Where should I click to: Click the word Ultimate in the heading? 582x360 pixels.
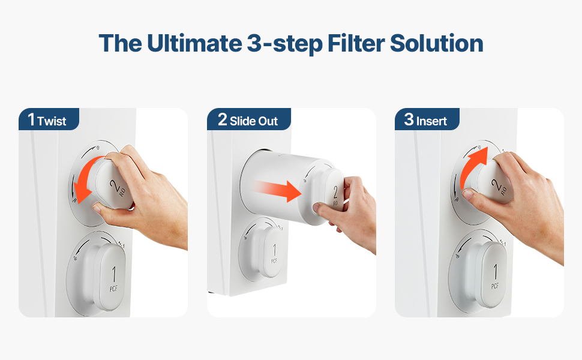194,43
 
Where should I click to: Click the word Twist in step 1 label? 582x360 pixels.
52,121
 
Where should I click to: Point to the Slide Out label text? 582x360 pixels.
254,121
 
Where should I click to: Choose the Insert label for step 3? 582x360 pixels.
431,121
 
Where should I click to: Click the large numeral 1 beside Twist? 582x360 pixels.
31,119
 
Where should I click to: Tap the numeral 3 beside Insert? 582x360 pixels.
409,119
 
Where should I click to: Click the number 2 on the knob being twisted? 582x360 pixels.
115,185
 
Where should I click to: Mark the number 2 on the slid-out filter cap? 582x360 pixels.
335,192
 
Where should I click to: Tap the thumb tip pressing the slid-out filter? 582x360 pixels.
317,208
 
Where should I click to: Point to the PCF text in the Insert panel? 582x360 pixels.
495,286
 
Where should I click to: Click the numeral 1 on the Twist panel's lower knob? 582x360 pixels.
113,275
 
